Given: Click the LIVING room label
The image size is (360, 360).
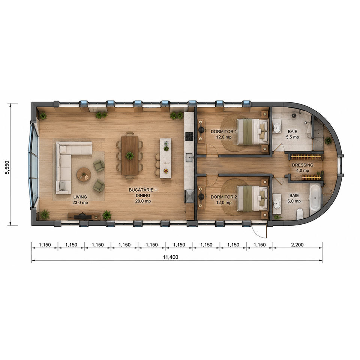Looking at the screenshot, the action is coord(80,197).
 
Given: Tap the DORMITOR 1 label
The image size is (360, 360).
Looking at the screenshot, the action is coord(223,132).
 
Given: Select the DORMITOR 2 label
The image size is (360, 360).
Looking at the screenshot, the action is coord(223,197).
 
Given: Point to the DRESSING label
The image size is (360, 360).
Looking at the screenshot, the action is coord(303,165).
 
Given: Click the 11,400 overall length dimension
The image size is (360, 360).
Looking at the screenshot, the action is coord(170,257).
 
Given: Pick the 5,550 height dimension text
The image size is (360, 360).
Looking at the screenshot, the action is coord(7,167).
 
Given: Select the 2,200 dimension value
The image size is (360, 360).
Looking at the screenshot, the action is coord(297,245).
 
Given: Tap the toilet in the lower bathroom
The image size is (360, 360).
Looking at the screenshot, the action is coord(300,213).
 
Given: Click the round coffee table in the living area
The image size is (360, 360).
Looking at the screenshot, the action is coord(84,175).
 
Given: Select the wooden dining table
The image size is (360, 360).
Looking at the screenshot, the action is coord(130,155).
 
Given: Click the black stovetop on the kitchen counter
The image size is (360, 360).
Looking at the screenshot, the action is coord(189,136).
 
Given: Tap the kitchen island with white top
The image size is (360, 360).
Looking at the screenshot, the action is coord(165,158).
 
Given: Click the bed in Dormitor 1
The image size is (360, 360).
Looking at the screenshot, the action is coord(252,132).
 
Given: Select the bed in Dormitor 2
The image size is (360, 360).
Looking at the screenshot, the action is coord(252,198).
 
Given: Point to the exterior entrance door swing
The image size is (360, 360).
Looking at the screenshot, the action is coord(260,231).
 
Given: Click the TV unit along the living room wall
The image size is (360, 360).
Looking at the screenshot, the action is coord(84,216).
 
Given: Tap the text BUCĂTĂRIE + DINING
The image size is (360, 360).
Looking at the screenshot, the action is coord(143,193).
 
